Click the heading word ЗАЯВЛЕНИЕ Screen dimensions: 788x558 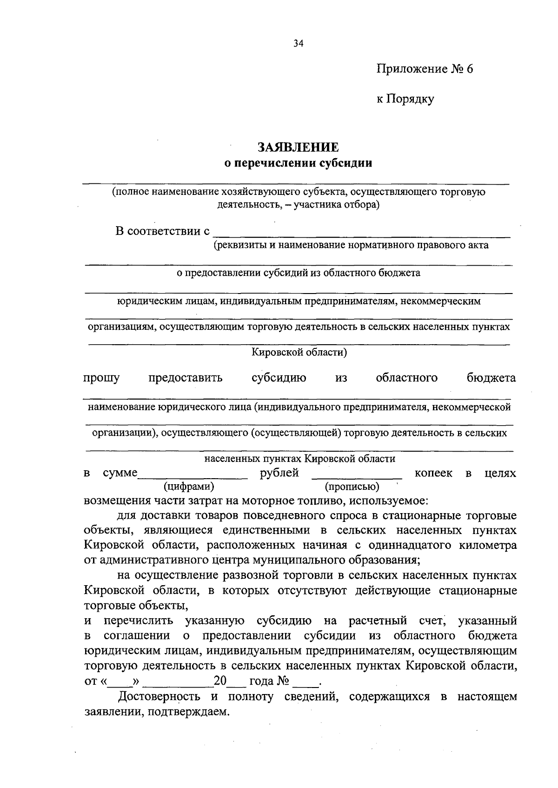(298, 148)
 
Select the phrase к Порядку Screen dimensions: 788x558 (405, 99)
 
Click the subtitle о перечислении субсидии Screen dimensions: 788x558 (298, 163)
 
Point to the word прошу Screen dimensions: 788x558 (101, 378)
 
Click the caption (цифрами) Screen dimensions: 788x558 (189, 487)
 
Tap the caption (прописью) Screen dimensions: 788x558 (352, 487)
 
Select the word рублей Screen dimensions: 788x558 (279, 474)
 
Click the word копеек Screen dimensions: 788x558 (433, 474)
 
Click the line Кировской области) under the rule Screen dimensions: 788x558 (299, 352)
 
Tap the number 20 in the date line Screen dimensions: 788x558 (219, 681)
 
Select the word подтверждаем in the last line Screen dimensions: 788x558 (201, 712)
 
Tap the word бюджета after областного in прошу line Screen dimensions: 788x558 (491, 378)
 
